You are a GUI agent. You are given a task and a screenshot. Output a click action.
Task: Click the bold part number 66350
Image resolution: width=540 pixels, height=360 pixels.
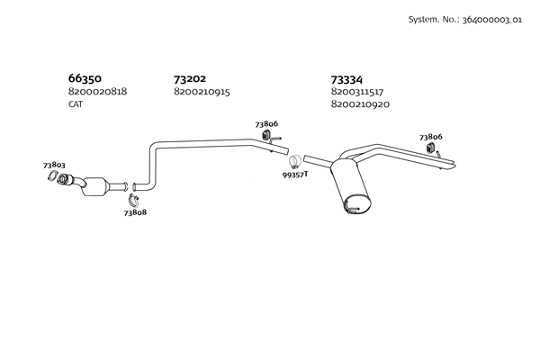pos(85,78)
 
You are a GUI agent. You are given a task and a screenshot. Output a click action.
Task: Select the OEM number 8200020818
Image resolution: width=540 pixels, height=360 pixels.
pos(97,92)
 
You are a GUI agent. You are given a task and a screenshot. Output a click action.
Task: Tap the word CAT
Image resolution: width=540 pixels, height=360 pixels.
pos(76,104)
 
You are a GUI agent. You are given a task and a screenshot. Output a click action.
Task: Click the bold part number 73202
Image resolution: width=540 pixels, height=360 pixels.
pos(190,78)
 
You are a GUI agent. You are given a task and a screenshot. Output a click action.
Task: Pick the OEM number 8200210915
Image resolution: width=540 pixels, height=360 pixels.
pos(202,92)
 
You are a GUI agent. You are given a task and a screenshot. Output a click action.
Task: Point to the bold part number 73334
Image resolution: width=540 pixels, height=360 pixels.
pos(347,79)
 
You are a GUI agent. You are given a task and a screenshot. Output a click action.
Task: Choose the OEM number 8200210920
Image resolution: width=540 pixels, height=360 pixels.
pos(360,104)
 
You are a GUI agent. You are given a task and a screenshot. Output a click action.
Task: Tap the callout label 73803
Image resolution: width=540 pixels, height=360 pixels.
pos(54,165)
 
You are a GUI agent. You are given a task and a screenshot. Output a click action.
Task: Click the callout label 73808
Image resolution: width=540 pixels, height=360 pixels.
pos(135,212)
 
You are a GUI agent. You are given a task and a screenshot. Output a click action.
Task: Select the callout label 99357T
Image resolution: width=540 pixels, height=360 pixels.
pos(294,174)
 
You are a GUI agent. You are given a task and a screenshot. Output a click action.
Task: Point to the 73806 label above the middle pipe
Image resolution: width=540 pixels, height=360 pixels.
pos(266,123)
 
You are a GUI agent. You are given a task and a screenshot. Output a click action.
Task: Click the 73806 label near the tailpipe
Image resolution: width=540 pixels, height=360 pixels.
pos(430,137)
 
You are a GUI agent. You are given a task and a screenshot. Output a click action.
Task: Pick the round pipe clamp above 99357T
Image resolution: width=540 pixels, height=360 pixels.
pos(293,161)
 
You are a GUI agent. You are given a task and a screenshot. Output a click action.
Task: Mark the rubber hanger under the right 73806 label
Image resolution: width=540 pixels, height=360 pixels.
pos(429,148)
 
